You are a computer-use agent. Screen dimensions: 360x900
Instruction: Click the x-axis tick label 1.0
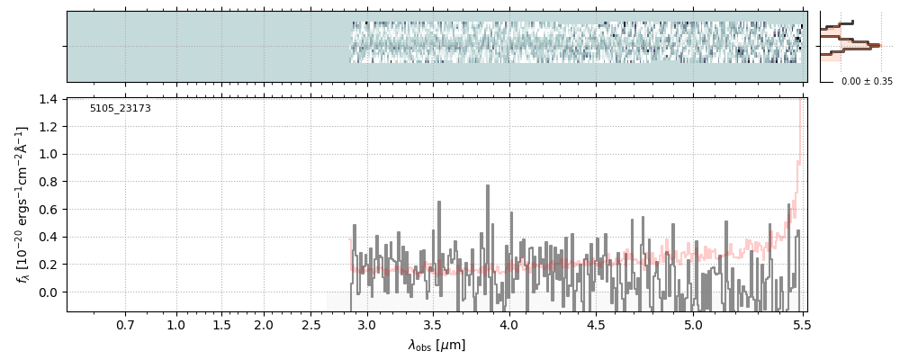(x=176, y=324)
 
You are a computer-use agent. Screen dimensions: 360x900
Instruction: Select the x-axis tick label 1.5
(x=221, y=324)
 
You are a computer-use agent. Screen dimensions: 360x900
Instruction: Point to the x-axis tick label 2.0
(x=264, y=324)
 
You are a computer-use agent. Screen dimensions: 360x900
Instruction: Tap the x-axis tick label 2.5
(x=312, y=324)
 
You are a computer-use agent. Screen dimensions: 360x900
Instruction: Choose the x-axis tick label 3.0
(x=367, y=324)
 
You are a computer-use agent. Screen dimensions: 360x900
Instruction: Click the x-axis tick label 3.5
(x=433, y=324)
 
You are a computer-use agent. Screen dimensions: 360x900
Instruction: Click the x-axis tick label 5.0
(x=693, y=324)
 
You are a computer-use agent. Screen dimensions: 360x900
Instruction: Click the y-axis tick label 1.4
(x=49, y=99)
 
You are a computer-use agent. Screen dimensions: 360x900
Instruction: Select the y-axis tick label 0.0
(x=49, y=292)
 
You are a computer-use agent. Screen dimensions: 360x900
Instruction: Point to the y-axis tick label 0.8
(x=49, y=182)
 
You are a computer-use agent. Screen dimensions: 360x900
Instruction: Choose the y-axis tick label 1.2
(x=49, y=127)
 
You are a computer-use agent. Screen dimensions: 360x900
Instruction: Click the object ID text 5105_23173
(x=120, y=109)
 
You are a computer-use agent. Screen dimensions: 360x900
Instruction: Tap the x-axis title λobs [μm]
(x=436, y=345)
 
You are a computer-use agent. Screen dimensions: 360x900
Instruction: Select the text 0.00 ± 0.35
(x=867, y=82)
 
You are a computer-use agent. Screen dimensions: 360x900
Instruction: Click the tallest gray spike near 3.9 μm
(x=487, y=188)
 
